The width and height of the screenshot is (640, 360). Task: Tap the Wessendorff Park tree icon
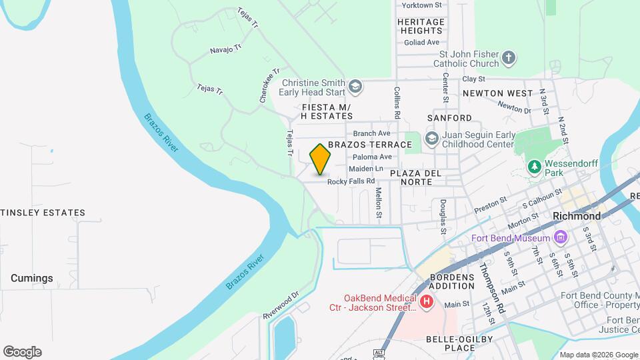click(533, 165)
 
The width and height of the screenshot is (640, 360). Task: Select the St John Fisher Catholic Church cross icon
click(509, 58)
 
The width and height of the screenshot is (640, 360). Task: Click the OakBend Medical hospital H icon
click(427, 303)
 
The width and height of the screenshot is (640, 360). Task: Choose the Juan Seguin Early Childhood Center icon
click(431, 139)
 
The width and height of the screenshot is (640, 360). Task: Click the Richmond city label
click(577, 216)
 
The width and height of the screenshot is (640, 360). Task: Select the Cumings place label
click(31, 278)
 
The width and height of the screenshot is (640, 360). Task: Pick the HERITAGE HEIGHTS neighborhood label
click(421, 26)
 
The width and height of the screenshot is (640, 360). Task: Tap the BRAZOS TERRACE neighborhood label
click(370, 145)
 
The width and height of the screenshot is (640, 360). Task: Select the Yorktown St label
click(422, 5)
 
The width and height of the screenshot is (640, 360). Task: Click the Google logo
click(22, 352)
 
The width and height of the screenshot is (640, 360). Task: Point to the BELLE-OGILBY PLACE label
click(459, 343)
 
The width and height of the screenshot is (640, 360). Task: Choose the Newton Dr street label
click(514, 107)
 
